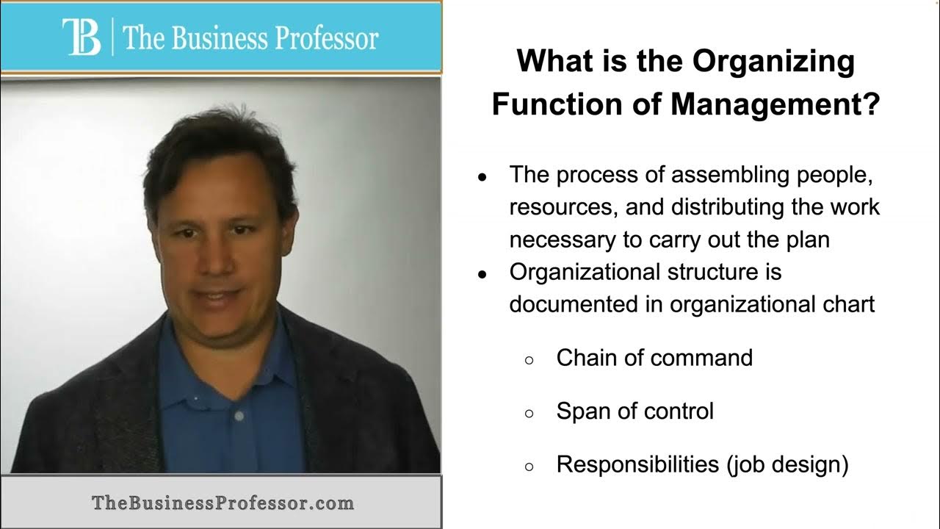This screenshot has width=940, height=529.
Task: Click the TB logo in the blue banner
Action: (x=82, y=37)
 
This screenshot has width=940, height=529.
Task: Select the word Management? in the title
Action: (x=775, y=105)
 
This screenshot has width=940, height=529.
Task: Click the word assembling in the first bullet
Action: (x=730, y=175)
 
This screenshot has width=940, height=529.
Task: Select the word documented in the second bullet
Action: (x=574, y=304)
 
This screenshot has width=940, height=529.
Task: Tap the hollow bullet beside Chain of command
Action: (x=529, y=360)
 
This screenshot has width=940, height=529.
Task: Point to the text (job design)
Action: (x=788, y=466)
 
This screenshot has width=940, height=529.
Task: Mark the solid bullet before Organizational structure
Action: (x=482, y=275)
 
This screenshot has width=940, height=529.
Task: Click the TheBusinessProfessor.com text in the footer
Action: (x=223, y=503)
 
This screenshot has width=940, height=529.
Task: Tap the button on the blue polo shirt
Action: (x=239, y=416)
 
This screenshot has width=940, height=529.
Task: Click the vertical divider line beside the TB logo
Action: (x=112, y=37)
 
